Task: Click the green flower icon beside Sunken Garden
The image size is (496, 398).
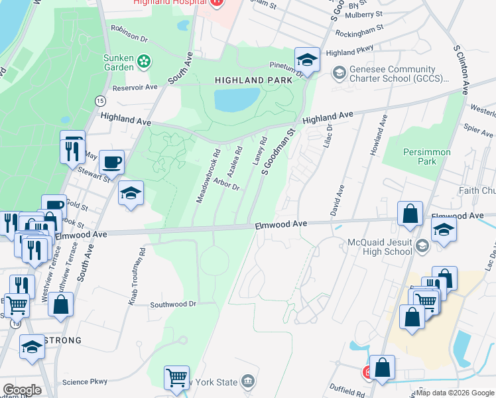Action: coord(144,62)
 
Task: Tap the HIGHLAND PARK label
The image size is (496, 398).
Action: coord(245,80)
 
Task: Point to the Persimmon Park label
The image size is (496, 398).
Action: coord(427,157)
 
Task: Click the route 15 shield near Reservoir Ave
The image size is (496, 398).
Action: coord(100,100)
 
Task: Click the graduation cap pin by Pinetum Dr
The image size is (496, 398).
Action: coord(307,60)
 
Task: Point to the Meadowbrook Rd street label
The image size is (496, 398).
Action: coord(208,175)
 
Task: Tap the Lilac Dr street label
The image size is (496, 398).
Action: coord(327,136)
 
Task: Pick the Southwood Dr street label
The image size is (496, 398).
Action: coord(174,304)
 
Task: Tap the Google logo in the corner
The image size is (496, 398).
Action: coord(22,390)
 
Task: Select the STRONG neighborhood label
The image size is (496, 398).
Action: coord(62,340)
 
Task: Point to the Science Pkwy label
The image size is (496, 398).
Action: coord(84,382)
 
